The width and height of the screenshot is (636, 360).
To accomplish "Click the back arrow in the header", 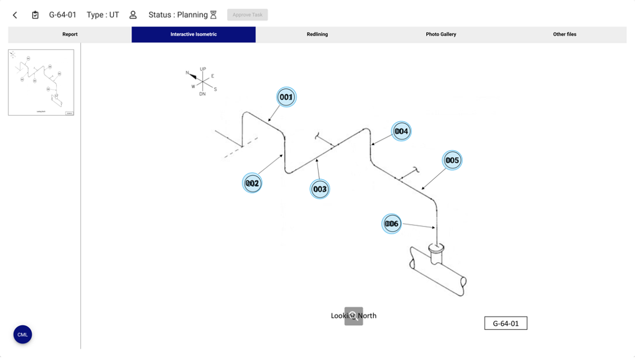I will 15,15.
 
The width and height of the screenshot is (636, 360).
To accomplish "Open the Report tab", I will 70,35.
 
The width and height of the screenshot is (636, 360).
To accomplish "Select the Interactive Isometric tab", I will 193,35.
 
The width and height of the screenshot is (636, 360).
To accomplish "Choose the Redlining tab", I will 317,35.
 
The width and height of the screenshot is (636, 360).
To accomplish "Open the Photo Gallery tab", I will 441,35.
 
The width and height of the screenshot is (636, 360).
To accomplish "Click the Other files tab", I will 564,35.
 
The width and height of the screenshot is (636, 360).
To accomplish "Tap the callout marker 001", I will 286,97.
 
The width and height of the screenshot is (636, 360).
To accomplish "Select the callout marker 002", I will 252,183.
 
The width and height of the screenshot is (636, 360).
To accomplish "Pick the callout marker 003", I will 320,189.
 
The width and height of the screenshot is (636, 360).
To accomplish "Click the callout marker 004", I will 401,131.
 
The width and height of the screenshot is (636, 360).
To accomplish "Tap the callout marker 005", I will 452,160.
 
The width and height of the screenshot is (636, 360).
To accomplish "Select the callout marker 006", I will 391,224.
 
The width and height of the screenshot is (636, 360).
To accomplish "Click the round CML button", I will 23,335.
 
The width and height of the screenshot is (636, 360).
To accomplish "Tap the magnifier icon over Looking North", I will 354,316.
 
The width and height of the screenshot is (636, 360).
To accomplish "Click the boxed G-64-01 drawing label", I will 505,324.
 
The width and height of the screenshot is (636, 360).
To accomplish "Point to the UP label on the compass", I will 202,69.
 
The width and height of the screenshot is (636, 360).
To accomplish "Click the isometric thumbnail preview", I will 41,83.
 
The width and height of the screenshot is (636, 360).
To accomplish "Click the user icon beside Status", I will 133,15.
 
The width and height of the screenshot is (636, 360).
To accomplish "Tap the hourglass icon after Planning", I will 213,15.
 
